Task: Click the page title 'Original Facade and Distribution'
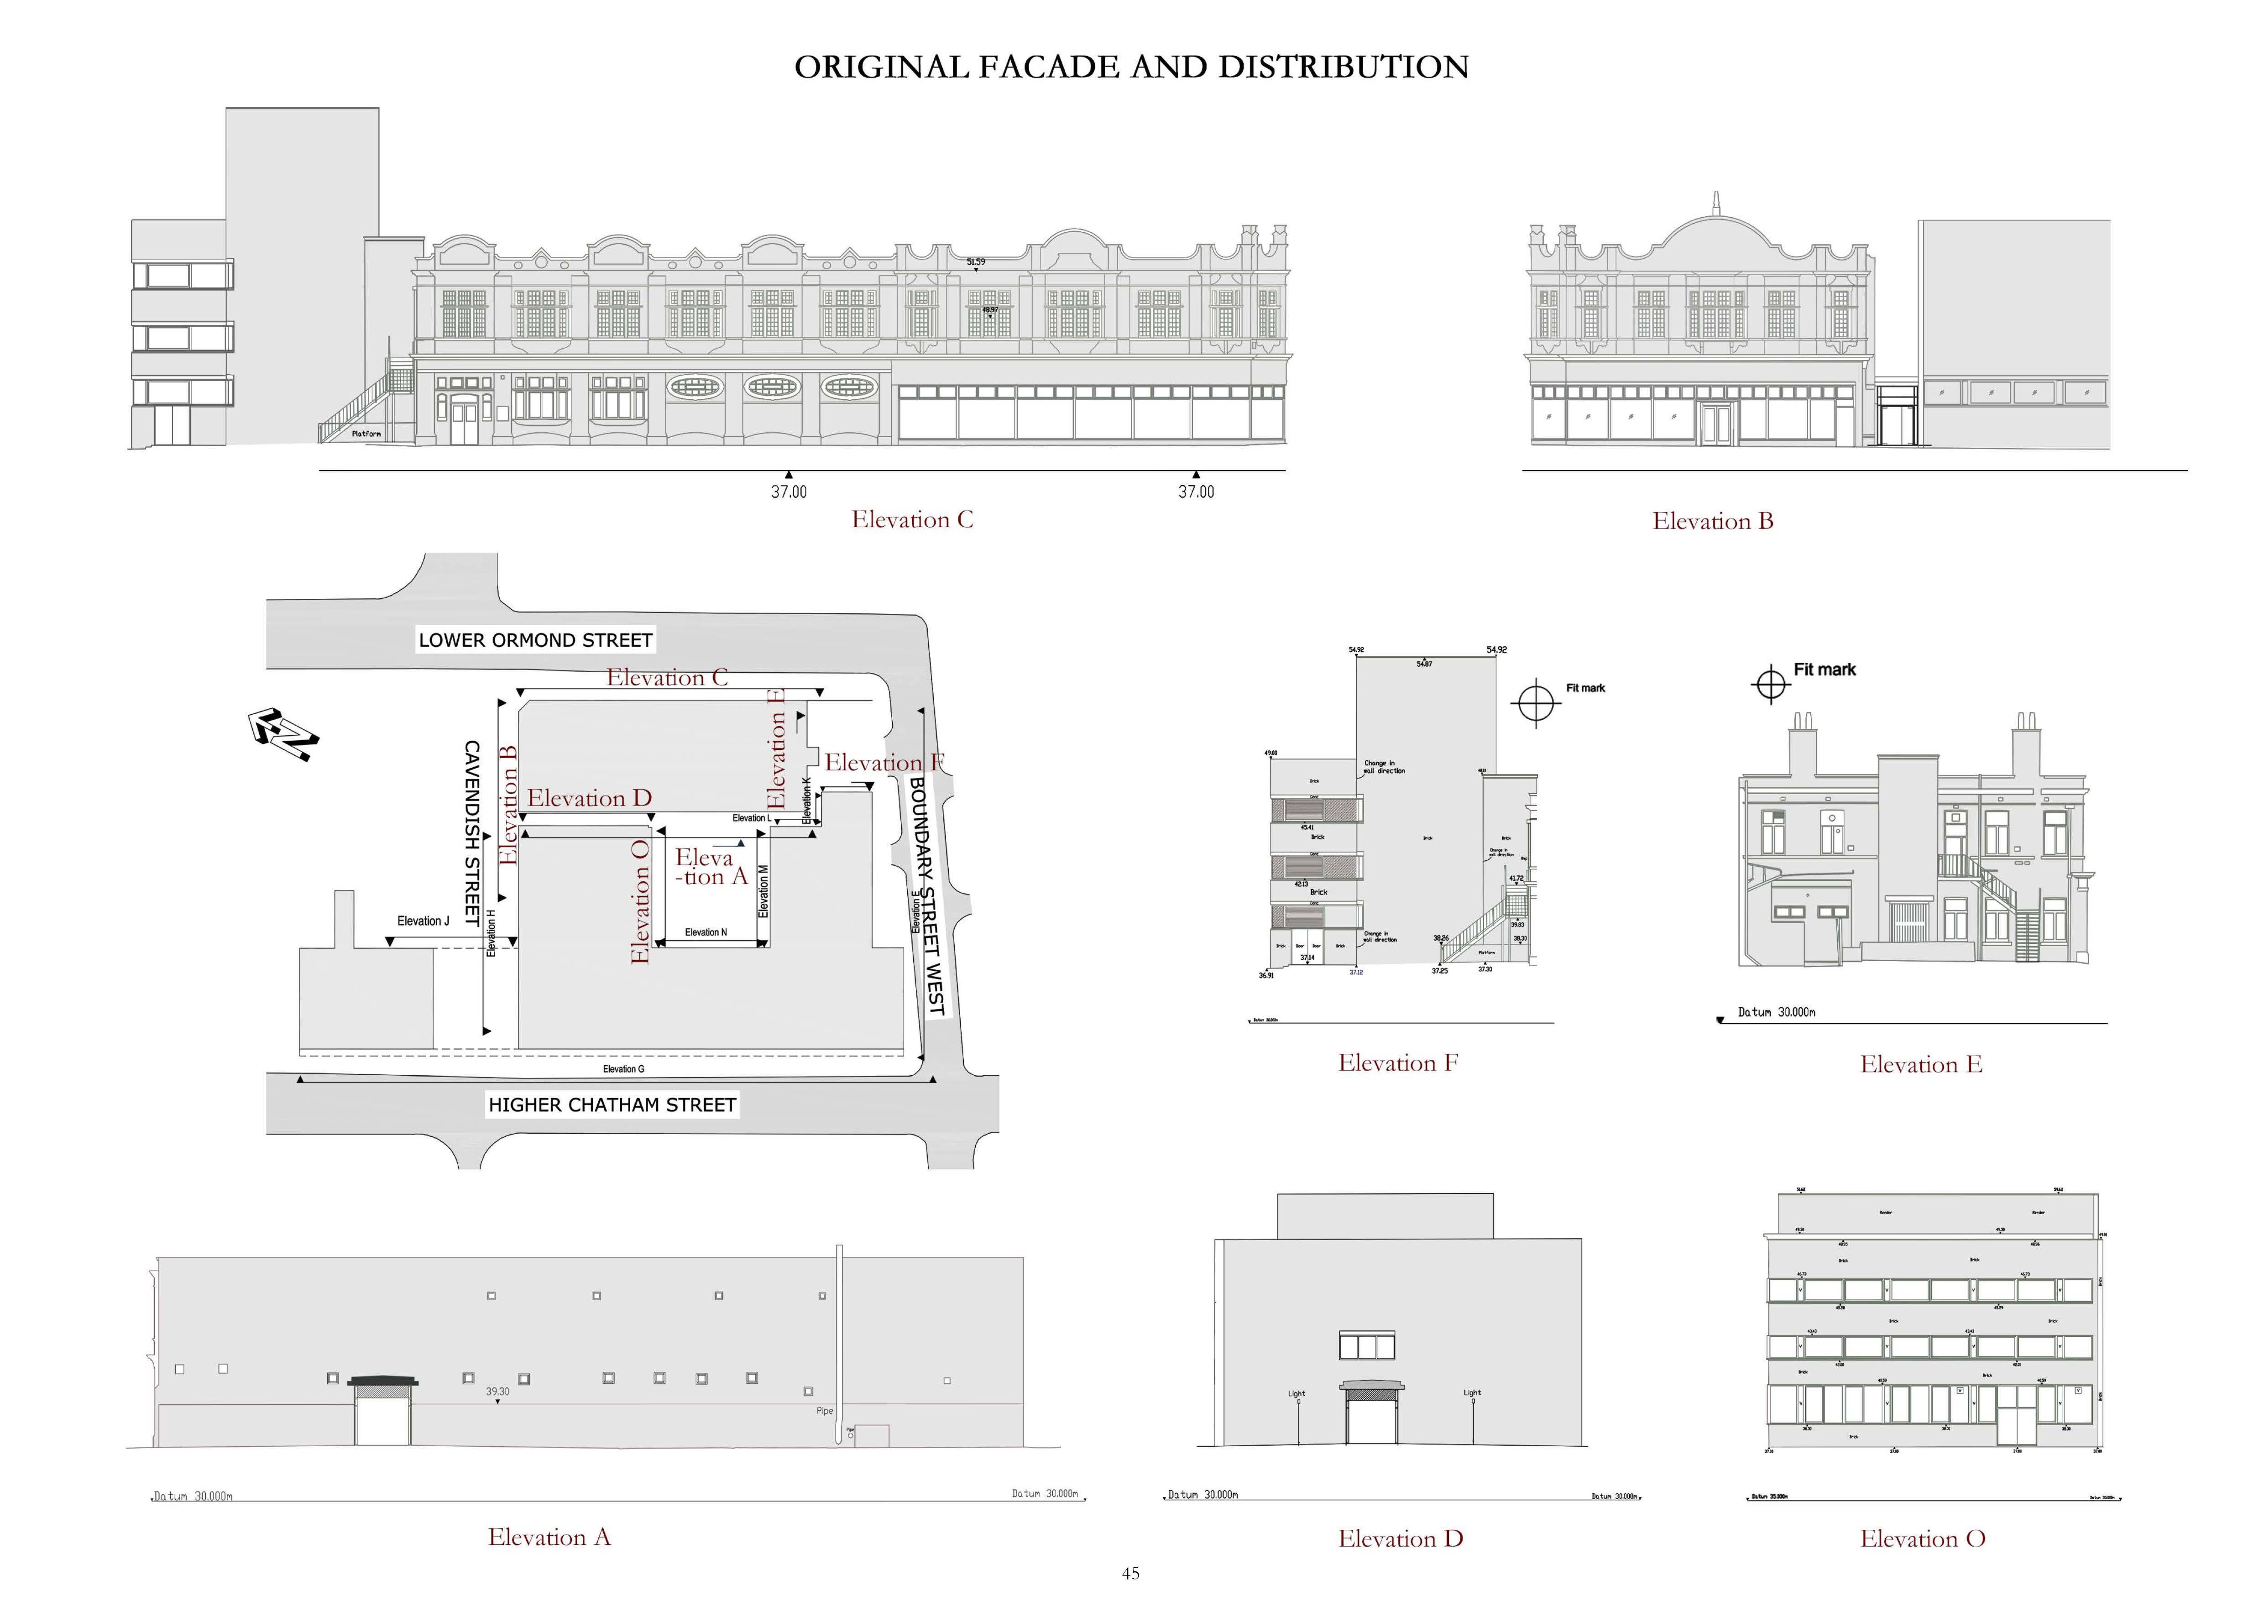coord(1131,67)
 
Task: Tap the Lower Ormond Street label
coord(535,640)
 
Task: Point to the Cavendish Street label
coord(472,833)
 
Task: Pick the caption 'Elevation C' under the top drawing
coord(912,519)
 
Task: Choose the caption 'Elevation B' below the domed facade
coord(1713,522)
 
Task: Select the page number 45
coord(1131,1574)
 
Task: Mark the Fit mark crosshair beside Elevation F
coord(1535,702)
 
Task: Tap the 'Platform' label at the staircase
coord(366,434)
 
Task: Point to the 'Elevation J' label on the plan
coord(423,921)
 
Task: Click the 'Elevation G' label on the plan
coord(623,1069)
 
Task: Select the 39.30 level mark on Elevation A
coord(497,1392)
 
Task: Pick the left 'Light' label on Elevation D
coord(1296,1394)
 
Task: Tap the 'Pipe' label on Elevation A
coord(824,1411)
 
